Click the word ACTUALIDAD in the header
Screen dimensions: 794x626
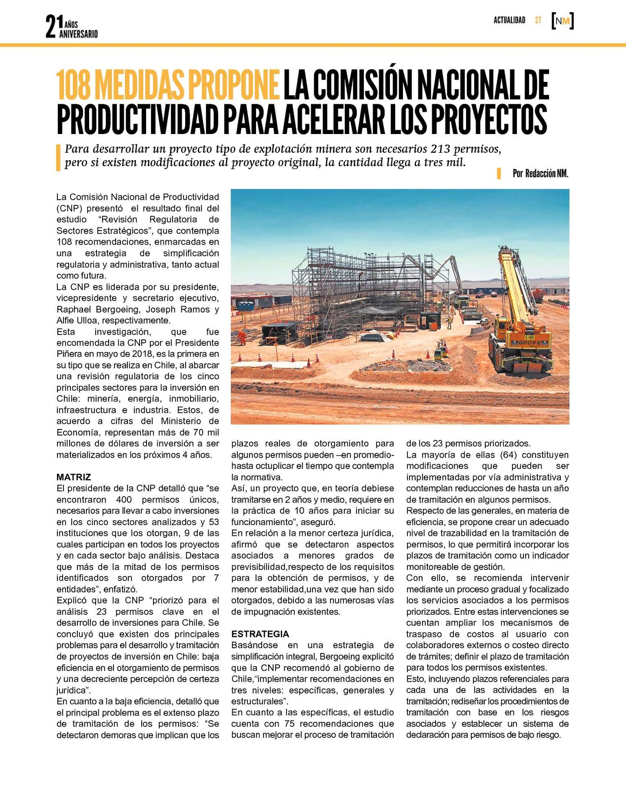[x=509, y=20]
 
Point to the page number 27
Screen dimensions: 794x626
[x=538, y=20]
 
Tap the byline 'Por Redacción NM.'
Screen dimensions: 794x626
[x=540, y=174]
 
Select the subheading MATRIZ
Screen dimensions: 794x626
[x=73, y=477]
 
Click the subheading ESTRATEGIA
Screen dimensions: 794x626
[x=260, y=634]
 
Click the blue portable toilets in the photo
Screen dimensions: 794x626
[x=246, y=306]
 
